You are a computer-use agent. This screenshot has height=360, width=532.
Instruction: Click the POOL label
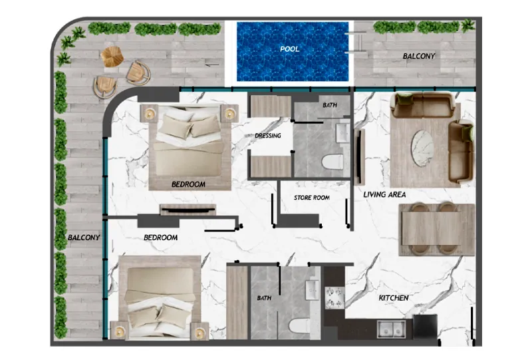[290, 49]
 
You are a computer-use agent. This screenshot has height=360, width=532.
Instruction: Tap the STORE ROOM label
[312, 198]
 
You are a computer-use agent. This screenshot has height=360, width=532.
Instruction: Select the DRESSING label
[268, 136]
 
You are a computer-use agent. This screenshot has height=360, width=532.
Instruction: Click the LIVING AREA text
[384, 194]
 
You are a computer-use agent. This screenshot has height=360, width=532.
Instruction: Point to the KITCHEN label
[394, 298]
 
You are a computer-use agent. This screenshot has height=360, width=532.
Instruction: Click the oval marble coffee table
[422, 148]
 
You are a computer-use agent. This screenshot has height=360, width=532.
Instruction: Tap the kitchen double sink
[392, 329]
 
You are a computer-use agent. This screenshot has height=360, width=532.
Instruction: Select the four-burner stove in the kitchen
[335, 297]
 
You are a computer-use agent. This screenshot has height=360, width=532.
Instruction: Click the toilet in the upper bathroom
[332, 162]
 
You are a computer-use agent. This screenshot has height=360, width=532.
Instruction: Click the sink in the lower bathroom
[312, 289]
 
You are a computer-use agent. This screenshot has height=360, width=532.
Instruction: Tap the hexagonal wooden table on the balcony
[112, 57]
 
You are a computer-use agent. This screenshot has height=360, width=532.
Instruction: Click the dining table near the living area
[437, 229]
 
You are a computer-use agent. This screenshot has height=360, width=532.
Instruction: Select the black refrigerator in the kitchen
[425, 326]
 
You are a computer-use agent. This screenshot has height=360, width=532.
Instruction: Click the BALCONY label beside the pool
[419, 56]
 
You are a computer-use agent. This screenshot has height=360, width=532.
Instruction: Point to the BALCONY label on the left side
[84, 238]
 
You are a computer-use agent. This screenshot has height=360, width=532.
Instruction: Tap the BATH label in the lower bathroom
[264, 298]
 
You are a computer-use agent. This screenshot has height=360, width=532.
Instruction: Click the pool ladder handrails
[355, 43]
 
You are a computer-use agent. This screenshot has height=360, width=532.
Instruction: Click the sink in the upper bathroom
[342, 133]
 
